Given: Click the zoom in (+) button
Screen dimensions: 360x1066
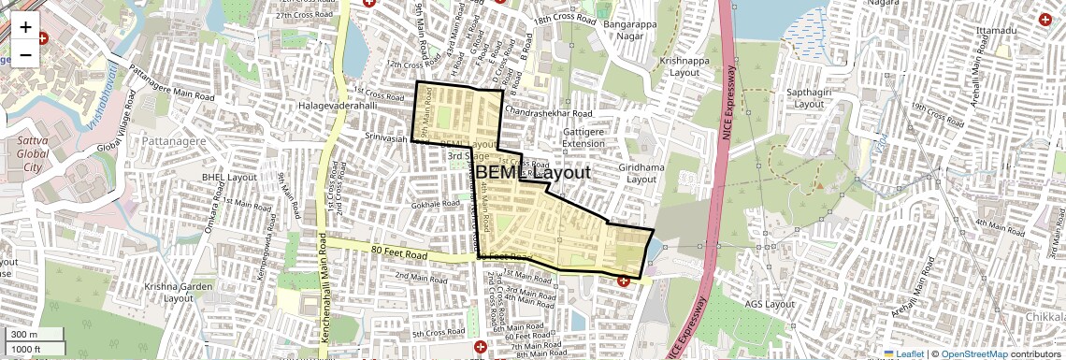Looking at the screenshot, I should point(25,26).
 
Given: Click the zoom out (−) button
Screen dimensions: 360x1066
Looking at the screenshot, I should point(25,54).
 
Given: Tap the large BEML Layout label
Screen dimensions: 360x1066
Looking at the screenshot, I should point(533,173).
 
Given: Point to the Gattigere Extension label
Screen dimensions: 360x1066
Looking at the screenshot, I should point(584,137).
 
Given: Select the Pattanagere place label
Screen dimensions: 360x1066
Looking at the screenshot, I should point(174,139).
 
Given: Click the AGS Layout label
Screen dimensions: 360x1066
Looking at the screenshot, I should point(767,304).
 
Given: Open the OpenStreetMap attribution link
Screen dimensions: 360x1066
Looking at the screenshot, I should point(973,353).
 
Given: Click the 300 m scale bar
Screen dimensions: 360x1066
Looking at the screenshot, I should point(34,335).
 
